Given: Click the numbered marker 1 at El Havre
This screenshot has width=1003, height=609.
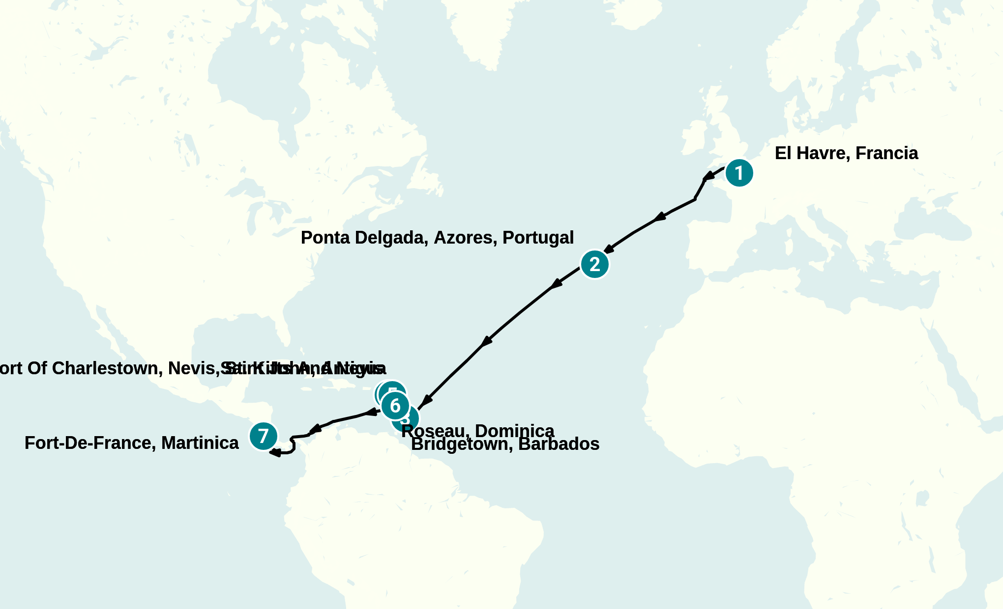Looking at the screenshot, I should point(739,173).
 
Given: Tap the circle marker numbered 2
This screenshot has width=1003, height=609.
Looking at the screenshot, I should point(594,264).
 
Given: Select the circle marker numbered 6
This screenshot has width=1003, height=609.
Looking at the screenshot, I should point(395,406).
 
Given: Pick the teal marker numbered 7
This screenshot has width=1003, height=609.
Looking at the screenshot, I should point(263,436).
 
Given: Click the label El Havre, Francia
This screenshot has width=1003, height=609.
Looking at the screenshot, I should point(846,153).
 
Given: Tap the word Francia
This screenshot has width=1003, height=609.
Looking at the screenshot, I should point(886,153).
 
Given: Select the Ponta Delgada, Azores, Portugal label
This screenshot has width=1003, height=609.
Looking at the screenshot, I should point(437,238).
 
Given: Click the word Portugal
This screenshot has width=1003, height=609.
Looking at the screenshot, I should point(538,238).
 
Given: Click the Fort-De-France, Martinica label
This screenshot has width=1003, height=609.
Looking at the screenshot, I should point(131,443).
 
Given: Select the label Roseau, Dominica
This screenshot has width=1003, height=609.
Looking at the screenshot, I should point(477,430).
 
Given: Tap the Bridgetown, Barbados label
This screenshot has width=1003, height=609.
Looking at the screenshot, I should point(505,444).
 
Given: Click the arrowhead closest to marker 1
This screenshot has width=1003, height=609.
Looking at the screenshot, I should point(709,175).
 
